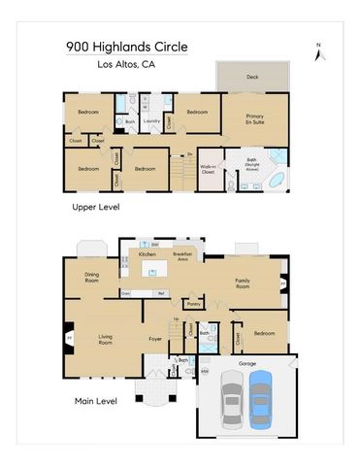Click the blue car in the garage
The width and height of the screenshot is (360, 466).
coord(260,400)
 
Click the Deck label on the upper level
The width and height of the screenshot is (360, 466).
coord(252,76)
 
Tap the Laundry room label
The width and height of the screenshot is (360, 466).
coord(151,121)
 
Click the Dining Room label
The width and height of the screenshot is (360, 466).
coord(93,276)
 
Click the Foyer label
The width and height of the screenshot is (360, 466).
coord(154,339)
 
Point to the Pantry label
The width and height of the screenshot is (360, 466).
coord(194,304)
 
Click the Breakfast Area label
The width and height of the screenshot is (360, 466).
coord(181,257)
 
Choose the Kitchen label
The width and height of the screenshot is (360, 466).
coord(147,253)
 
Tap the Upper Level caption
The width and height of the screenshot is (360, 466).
coord(95,208)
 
